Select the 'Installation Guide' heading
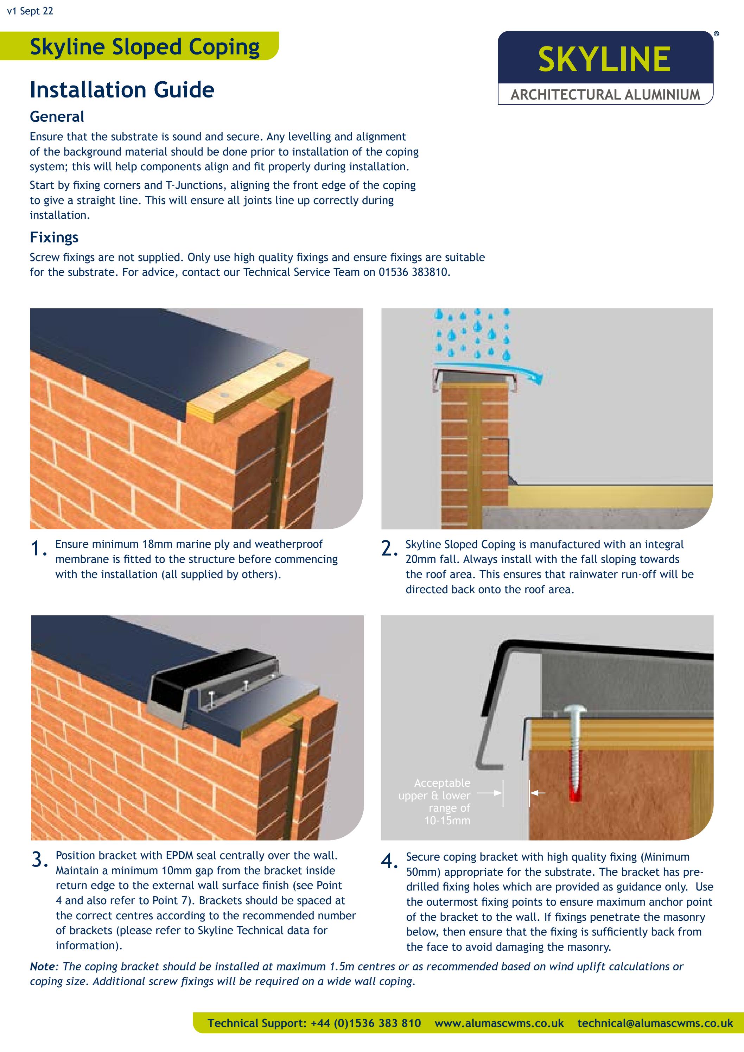[x=122, y=90]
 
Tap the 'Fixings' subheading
[x=54, y=237]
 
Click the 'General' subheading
[x=57, y=117]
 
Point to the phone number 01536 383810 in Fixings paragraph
[x=413, y=272]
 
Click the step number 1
[x=38, y=549]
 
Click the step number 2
[x=388, y=549]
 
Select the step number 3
[x=39, y=860]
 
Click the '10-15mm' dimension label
[x=447, y=820]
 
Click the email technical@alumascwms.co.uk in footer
[x=655, y=1023]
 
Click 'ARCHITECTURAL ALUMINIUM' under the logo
[x=605, y=95]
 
